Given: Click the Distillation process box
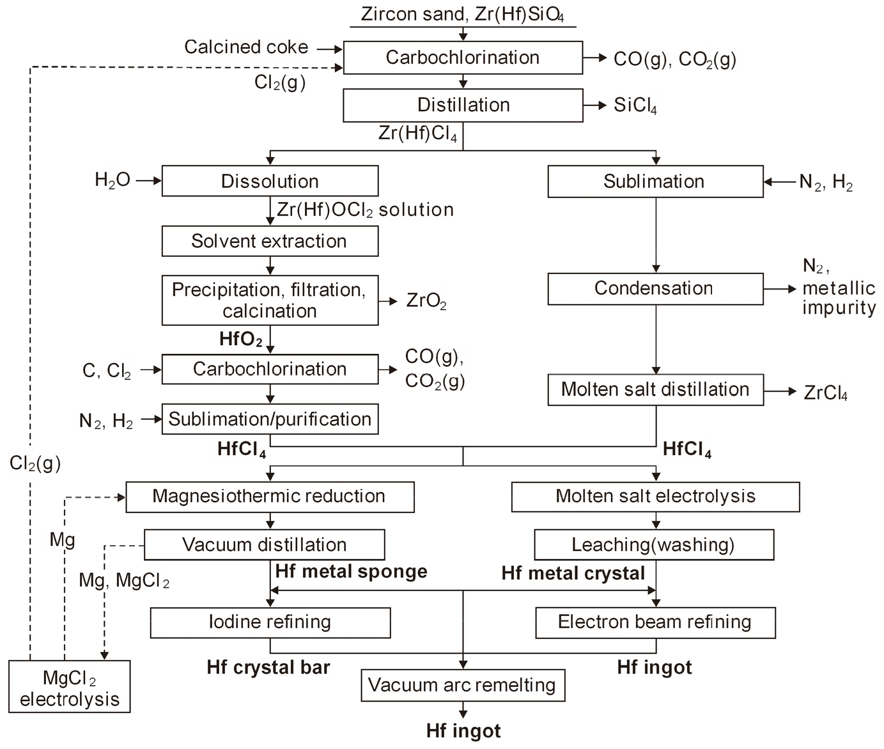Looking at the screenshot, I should pos(463,105).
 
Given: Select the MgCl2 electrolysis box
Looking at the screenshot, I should pos(70,686).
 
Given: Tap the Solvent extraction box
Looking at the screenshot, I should pos(270,241).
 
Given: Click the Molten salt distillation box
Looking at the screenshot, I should pos(655,389).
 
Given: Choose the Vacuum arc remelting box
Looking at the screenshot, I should pos(463,685).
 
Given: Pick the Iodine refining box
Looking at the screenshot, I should pos(270,622).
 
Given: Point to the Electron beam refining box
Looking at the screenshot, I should pos(655,622).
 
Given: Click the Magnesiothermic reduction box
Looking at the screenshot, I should pos(270,497).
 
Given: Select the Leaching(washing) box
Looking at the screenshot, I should pos(653,545).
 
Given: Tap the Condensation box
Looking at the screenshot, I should pos(655,288).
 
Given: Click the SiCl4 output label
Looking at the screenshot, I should pos(635,105).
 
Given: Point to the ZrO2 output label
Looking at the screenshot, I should pos(426,301).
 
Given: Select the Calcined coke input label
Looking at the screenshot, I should pos(246,47).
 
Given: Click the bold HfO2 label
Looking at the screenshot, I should pos(240,339).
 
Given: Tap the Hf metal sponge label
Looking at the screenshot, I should pos(351,571).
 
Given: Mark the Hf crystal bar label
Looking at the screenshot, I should pos(268,668).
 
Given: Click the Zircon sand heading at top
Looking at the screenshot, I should pos(463,14).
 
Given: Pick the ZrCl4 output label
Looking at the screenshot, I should pos(825,393).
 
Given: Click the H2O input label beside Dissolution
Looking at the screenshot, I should pos(112,181).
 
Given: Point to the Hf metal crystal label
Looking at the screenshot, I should pos(573,573).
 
